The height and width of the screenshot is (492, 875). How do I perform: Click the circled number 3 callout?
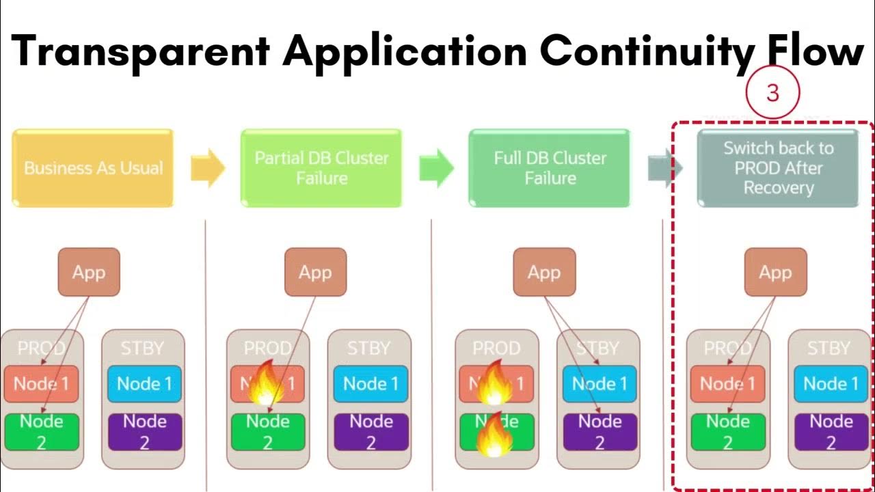(772, 93)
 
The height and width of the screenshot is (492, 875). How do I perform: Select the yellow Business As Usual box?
(93, 168)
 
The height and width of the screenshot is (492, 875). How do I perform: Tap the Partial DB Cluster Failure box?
(321, 168)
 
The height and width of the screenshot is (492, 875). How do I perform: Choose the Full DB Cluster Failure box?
(550, 168)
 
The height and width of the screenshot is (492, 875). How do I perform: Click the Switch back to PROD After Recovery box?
(778, 168)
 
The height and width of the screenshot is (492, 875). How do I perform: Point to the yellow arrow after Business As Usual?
(207, 168)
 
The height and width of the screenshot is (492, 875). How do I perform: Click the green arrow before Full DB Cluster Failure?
(435, 168)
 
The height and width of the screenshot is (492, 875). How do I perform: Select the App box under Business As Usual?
(89, 273)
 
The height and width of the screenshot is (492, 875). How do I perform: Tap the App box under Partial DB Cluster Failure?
(315, 273)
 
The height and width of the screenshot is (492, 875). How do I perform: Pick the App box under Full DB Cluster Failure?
(544, 273)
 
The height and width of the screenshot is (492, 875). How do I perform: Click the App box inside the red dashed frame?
(775, 273)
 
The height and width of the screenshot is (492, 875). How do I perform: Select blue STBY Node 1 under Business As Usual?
(144, 384)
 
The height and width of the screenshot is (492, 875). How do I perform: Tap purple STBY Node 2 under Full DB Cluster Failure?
(600, 432)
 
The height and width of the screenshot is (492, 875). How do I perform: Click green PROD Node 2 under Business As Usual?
(41, 432)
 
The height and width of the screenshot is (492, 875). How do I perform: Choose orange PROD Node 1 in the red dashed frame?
(727, 384)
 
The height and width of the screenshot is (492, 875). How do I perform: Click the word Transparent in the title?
(140, 51)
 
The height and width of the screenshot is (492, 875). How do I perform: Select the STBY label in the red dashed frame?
(829, 348)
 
